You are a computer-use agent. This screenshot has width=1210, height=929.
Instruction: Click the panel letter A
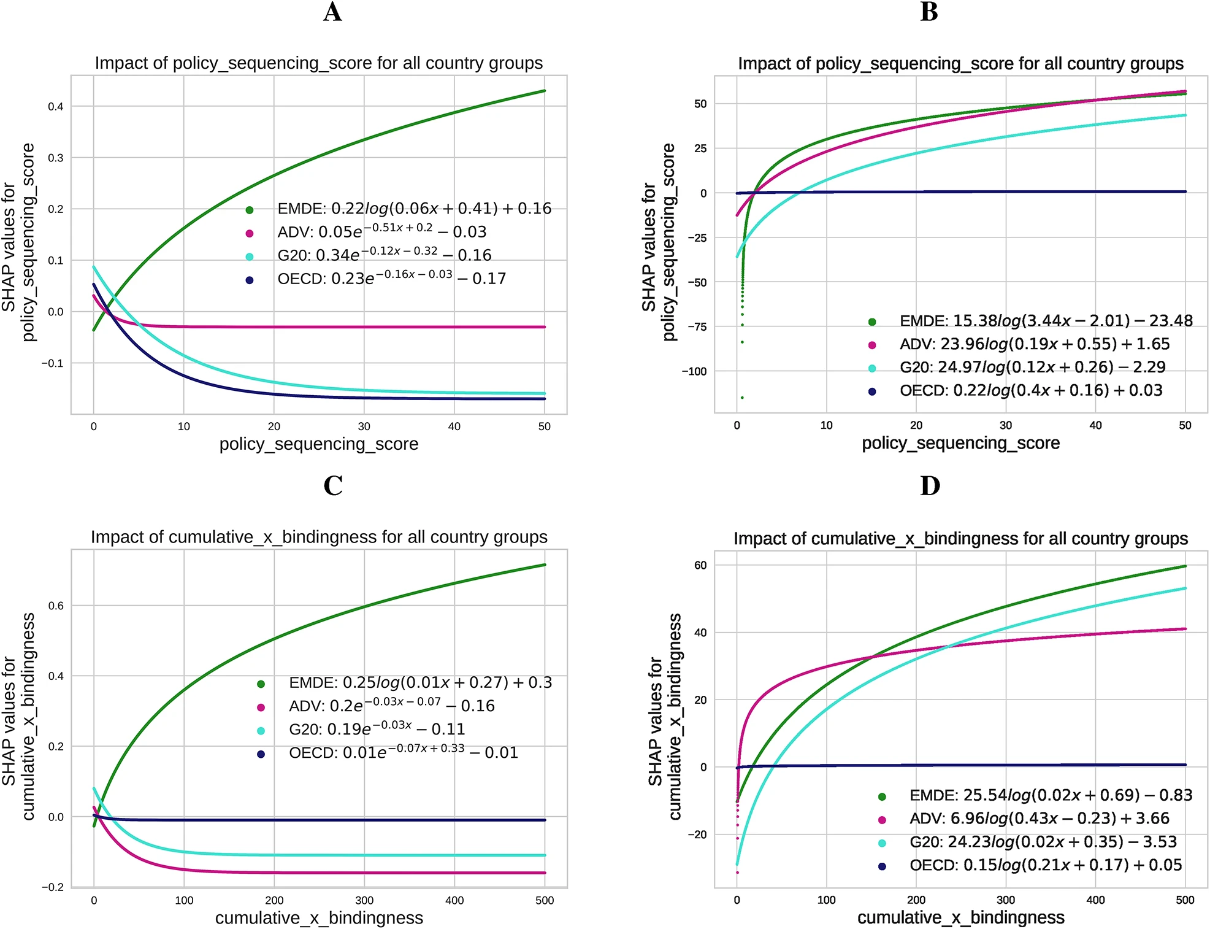[332, 12]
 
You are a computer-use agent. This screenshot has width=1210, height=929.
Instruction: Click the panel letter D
[930, 486]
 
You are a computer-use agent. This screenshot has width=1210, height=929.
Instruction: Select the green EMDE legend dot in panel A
[250, 210]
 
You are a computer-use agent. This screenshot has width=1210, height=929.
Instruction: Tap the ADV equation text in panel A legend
[381, 232]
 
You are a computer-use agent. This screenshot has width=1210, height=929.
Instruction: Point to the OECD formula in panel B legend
[1030, 390]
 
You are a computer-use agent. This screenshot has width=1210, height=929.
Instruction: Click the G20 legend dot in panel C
[261, 731]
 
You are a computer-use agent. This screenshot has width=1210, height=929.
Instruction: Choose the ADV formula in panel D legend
[1039, 819]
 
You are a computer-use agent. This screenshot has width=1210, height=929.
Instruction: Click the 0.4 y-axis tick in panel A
[56, 107]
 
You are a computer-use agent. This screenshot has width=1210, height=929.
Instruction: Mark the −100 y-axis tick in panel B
[694, 371]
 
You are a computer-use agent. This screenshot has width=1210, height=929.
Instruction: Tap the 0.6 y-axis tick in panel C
[56, 606]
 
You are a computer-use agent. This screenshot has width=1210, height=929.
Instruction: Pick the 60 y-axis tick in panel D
[700, 565]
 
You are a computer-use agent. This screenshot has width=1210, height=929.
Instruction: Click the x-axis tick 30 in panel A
[364, 426]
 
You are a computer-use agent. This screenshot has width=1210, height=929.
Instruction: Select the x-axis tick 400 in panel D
[1095, 900]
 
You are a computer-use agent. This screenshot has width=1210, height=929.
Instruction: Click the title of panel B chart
[960, 64]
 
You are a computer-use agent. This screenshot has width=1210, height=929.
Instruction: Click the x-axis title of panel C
[319, 918]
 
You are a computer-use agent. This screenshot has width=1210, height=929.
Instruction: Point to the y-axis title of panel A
[18, 243]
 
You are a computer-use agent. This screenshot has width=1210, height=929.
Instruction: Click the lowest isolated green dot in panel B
[742, 398]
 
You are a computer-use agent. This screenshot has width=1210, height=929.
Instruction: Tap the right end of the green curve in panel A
[545, 91]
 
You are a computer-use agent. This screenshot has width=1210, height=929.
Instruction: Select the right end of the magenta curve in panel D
[1185, 629]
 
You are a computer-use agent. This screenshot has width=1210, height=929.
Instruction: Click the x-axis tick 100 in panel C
[184, 900]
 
